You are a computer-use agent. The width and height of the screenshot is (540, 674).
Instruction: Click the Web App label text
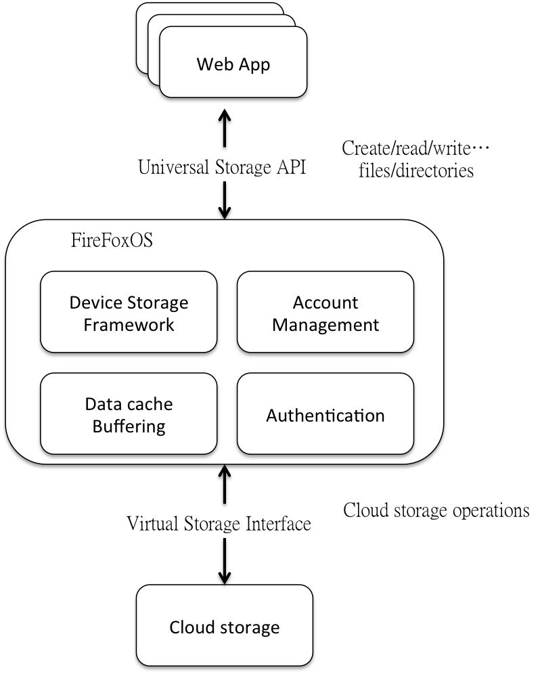point(233,64)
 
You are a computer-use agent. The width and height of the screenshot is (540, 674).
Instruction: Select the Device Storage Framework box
point(129,312)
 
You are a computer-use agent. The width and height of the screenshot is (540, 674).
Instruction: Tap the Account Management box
point(325,312)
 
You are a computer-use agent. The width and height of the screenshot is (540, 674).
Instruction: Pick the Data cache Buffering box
point(129,413)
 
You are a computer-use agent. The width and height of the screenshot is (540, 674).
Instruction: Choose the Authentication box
point(325,413)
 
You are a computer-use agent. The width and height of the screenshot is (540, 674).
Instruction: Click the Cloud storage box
point(225,625)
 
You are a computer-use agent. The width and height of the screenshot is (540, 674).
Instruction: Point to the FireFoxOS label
point(112,240)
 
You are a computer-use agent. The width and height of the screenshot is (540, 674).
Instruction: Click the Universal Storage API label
point(222,167)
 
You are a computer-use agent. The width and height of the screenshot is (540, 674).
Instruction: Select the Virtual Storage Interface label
point(219,524)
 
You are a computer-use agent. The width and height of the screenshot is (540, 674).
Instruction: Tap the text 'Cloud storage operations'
point(436,511)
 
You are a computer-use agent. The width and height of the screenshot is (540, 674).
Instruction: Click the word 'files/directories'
point(416,171)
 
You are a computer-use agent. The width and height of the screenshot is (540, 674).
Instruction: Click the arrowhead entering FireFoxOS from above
point(225,212)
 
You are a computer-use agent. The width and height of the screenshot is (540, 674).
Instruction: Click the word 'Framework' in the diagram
point(129,325)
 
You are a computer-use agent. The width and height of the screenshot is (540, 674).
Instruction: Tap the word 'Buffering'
point(129,426)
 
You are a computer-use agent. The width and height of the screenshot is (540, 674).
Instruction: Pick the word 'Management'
point(325,325)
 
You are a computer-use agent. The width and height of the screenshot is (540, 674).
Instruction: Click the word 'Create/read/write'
point(406,148)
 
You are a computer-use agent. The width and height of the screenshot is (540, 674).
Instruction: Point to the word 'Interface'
point(278,524)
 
